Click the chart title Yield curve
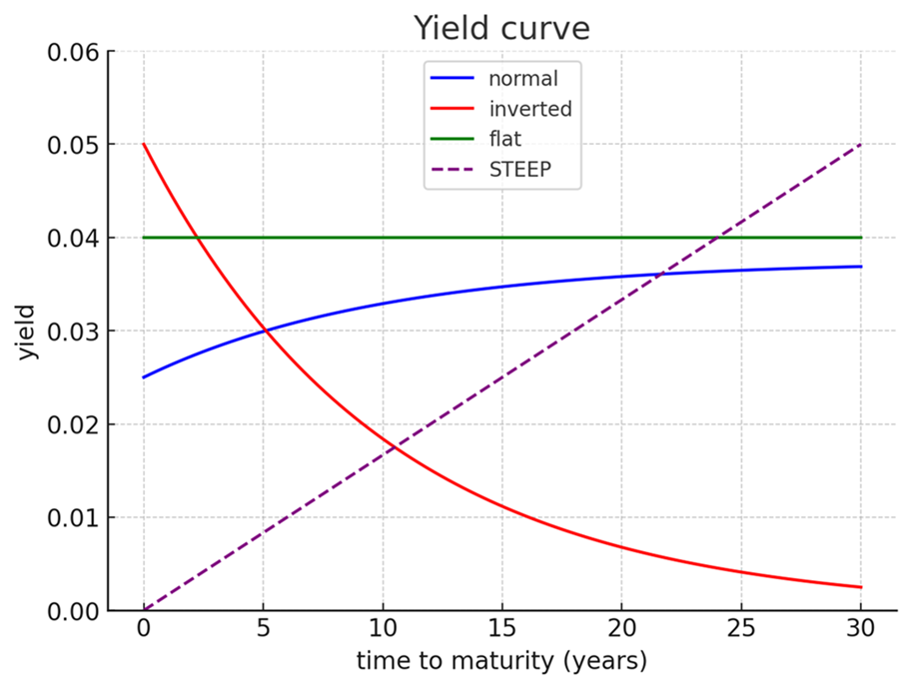click(x=501, y=29)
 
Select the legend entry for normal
click(x=522, y=77)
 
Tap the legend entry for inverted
click(x=530, y=109)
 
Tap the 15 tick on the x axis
click(x=501, y=631)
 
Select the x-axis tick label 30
click(x=860, y=631)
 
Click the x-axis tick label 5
click(x=263, y=631)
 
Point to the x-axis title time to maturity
click(x=501, y=661)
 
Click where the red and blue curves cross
click(x=264, y=331)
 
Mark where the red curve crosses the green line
click(x=198, y=238)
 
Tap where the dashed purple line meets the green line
click(x=717, y=238)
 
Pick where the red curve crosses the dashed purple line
click(x=395, y=448)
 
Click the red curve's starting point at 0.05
click(x=144, y=145)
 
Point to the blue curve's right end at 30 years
click(x=860, y=267)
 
